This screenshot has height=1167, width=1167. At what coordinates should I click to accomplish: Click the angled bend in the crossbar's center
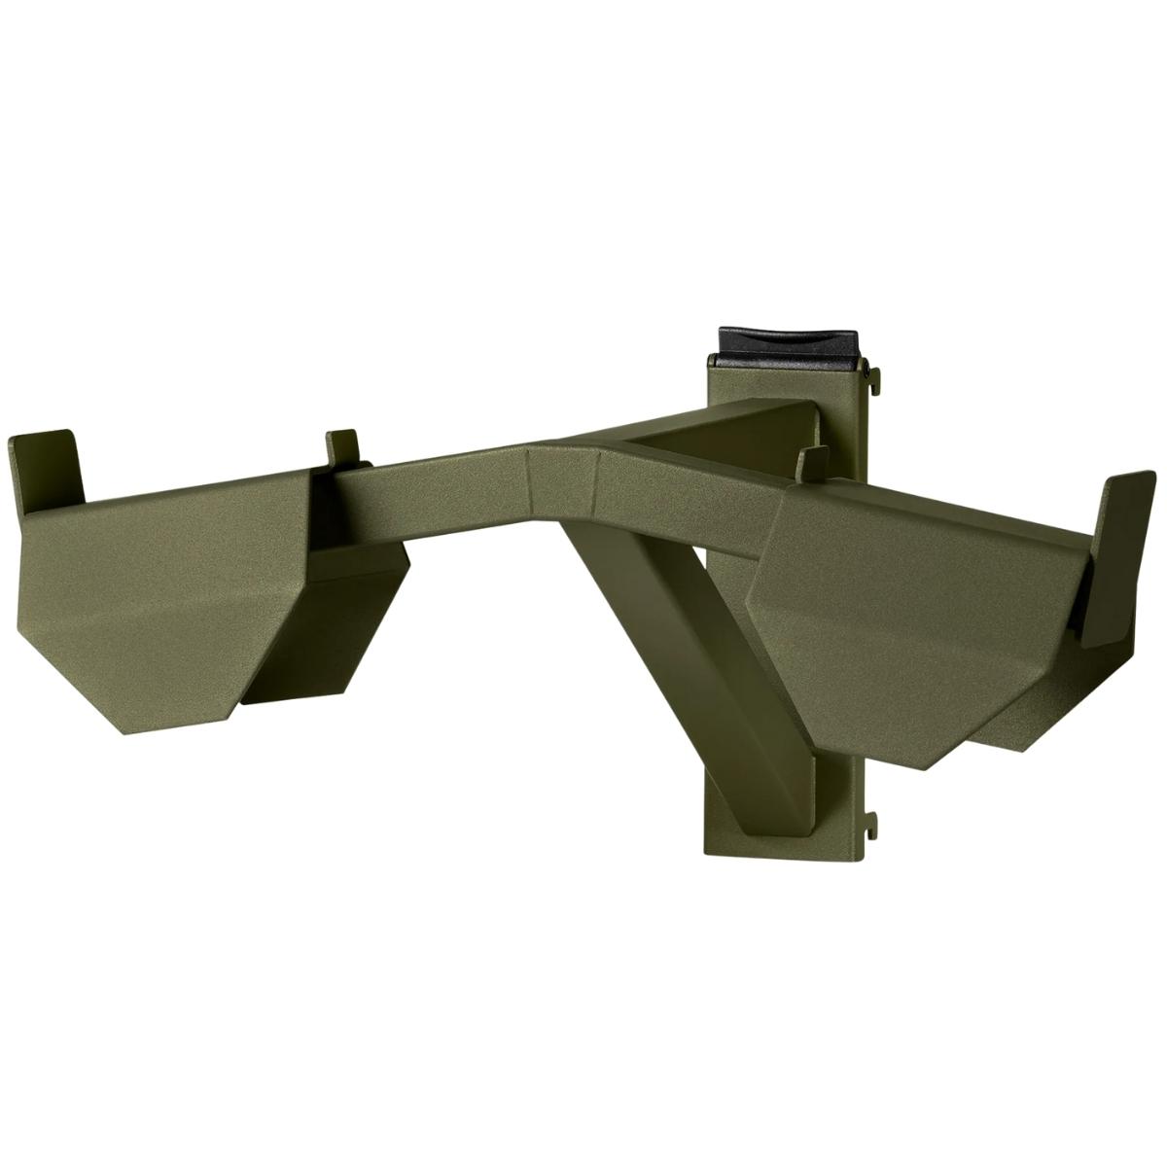tap(564, 477)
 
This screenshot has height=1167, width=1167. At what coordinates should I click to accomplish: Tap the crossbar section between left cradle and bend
tap(438, 477)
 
